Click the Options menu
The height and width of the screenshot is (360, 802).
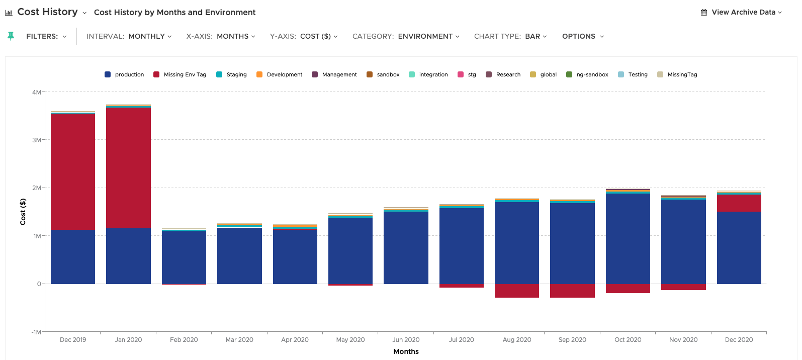[x=583, y=36]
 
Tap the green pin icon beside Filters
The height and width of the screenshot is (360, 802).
[x=11, y=36]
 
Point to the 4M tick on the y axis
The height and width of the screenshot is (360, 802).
[x=36, y=92]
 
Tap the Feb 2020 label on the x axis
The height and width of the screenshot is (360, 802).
[x=184, y=339]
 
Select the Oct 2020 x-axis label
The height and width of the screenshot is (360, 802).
[x=628, y=339]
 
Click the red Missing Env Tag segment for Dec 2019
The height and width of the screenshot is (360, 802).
[x=73, y=171]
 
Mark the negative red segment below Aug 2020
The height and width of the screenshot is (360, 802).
[x=517, y=291]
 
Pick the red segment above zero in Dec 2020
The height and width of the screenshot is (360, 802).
[x=739, y=203]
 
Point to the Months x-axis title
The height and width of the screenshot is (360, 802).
[x=406, y=351]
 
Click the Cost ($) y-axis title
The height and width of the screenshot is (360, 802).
[x=23, y=212]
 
